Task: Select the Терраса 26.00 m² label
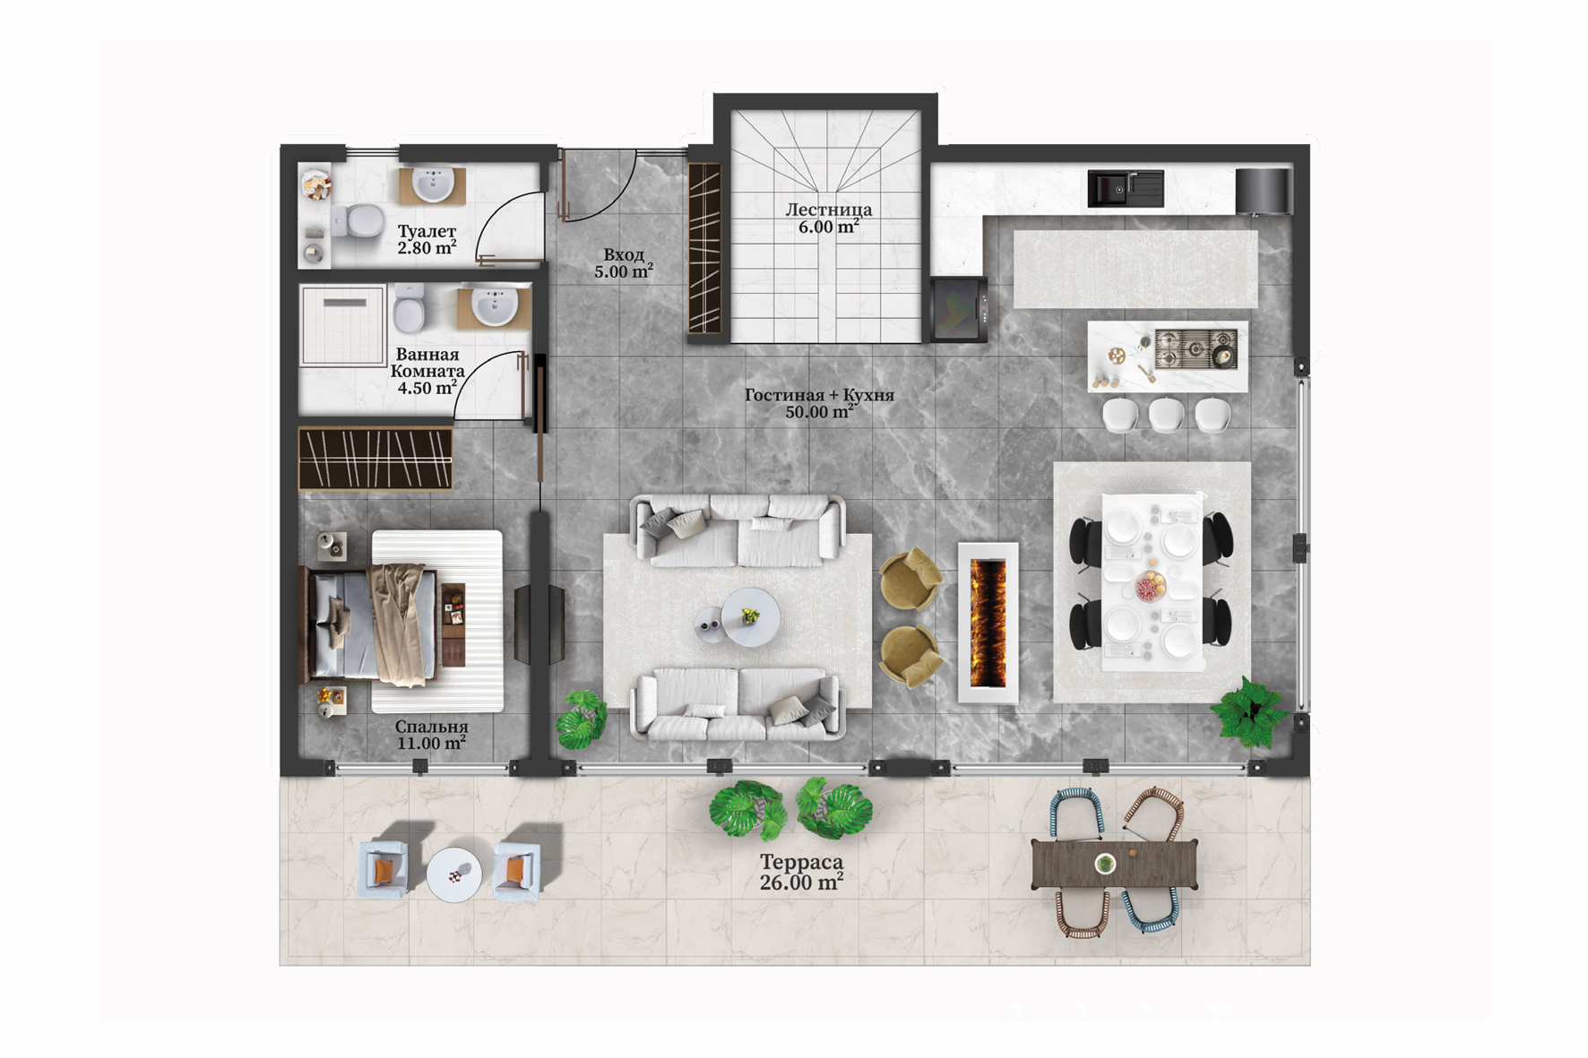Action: (x=801, y=872)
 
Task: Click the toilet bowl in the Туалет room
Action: (x=358, y=220)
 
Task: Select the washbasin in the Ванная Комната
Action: (x=494, y=307)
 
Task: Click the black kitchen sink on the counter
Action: (x=1126, y=189)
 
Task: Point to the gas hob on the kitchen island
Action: (x=1195, y=348)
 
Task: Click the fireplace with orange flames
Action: (x=988, y=623)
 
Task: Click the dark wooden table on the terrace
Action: (x=1115, y=864)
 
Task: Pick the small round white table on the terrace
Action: (x=454, y=874)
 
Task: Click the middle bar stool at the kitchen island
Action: (x=1166, y=415)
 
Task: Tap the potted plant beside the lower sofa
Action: (x=582, y=719)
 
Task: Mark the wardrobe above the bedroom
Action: (x=375, y=459)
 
